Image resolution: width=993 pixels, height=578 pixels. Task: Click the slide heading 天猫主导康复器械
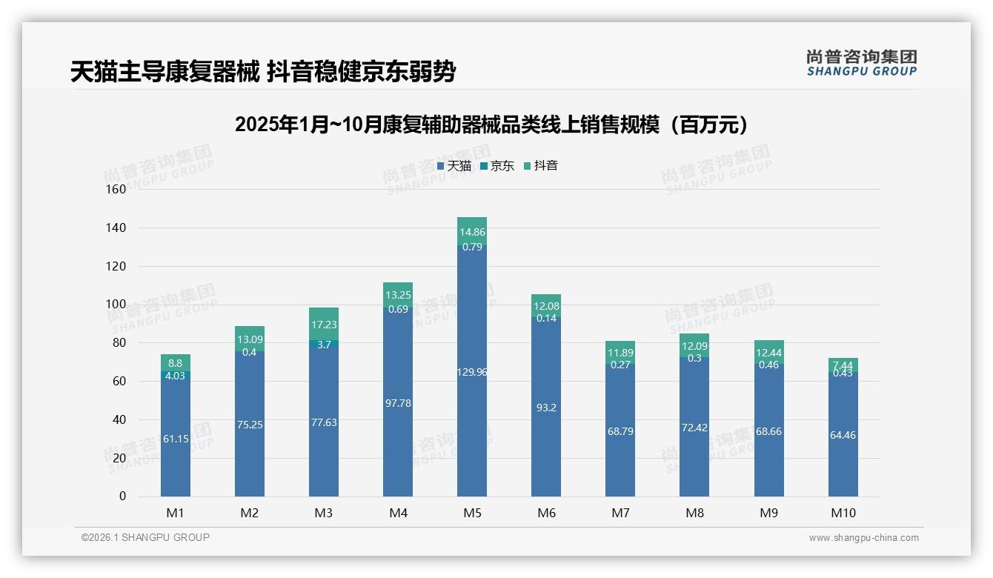point(262,72)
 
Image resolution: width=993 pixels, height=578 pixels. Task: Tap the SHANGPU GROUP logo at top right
point(861,63)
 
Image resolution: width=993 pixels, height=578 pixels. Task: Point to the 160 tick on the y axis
point(116,189)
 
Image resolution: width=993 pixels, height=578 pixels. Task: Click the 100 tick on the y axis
point(116,304)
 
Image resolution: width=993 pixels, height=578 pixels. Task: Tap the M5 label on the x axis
point(472,513)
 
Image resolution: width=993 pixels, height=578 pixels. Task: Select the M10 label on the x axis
point(843,513)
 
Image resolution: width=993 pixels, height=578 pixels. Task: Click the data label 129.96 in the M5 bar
point(472,372)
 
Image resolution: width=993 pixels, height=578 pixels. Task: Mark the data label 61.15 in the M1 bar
point(176,439)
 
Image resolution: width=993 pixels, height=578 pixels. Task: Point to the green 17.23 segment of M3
point(324,325)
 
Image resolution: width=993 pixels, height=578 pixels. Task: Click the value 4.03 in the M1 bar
point(176,376)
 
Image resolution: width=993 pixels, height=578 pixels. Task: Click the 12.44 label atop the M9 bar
point(769,352)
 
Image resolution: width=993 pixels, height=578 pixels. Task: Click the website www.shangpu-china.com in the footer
point(863,538)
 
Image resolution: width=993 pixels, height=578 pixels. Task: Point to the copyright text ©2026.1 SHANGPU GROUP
point(145,537)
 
